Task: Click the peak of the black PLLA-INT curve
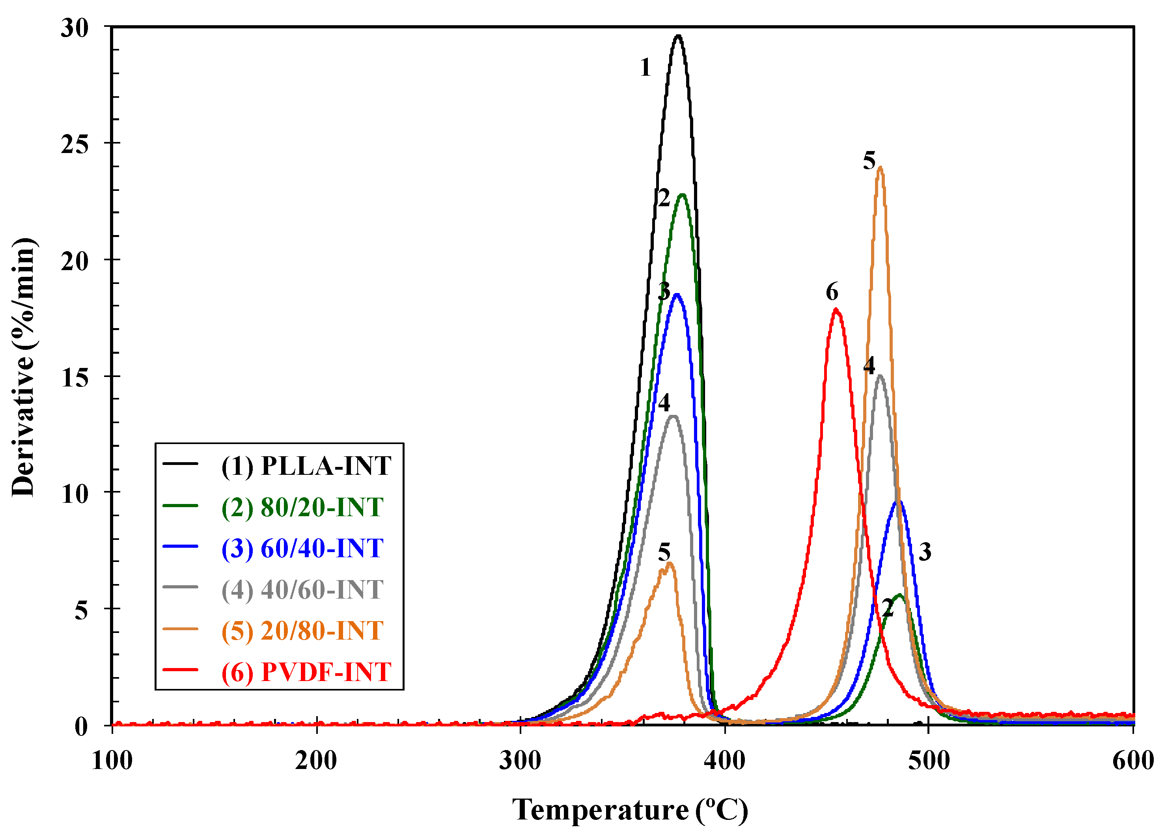[x=678, y=36]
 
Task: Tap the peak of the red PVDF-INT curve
[x=836, y=310]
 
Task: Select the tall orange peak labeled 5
[x=880, y=167]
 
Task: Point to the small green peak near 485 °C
[x=899, y=595]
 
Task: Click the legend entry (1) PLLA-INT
[x=306, y=466]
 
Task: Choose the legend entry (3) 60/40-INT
[x=302, y=548]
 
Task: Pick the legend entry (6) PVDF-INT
[x=306, y=672]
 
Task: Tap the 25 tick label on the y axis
[x=75, y=144]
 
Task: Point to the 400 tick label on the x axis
[x=724, y=761]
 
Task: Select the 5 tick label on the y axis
[x=81, y=611]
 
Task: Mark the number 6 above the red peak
[x=832, y=291]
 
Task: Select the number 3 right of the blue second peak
[x=925, y=552]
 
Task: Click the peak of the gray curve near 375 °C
[x=673, y=416]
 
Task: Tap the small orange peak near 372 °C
[x=669, y=563]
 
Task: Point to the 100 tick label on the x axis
[x=112, y=761]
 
